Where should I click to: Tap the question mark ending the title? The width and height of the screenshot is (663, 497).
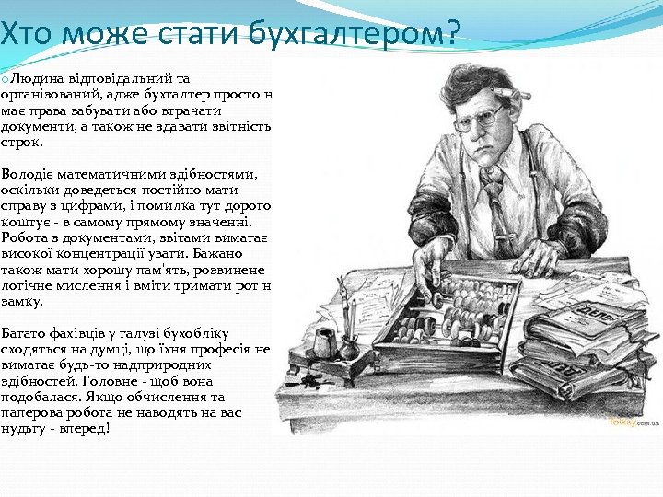coord(451,35)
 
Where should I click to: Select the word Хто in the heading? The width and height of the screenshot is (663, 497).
coord(21,35)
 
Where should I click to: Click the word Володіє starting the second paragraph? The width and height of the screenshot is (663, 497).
coord(28,173)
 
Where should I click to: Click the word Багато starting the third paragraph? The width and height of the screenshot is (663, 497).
coord(25,332)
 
